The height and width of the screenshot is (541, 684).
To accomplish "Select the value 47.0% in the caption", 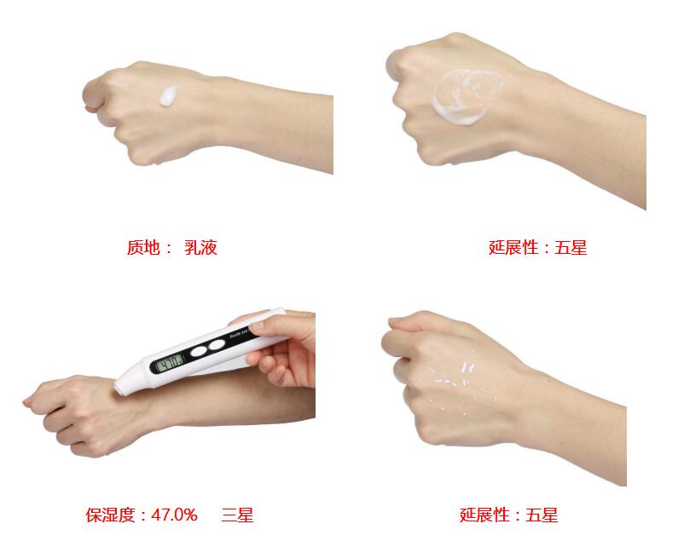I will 174,515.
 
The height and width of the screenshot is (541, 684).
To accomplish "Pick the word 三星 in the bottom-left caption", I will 237,515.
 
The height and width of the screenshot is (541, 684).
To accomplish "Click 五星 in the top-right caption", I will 571,248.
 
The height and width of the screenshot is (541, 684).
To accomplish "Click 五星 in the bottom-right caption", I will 542,515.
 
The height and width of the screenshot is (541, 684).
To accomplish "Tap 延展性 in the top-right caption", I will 514,248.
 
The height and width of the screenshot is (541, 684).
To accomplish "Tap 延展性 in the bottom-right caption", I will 485,515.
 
